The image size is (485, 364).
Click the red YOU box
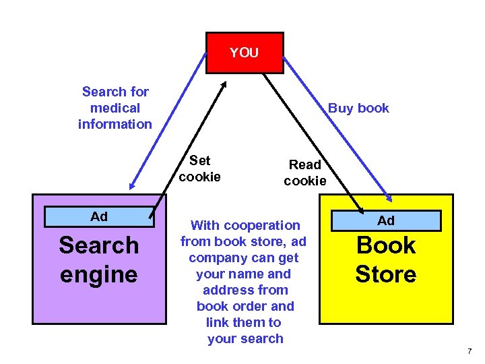[244, 53]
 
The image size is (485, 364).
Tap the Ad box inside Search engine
[99, 217]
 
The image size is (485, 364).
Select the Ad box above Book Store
[386, 220]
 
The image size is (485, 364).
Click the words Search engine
[98, 260]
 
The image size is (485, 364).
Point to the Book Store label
[386, 260]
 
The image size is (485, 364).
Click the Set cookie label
[200, 169]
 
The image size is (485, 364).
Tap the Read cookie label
[305, 173]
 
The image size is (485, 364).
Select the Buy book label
[358, 109]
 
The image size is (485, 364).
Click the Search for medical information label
[115, 108]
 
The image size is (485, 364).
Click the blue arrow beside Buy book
[337, 128]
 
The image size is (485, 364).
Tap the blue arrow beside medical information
[168, 121]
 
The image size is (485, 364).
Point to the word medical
[115, 108]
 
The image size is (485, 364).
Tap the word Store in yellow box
[386, 274]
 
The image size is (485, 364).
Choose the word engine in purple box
[98, 274]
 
